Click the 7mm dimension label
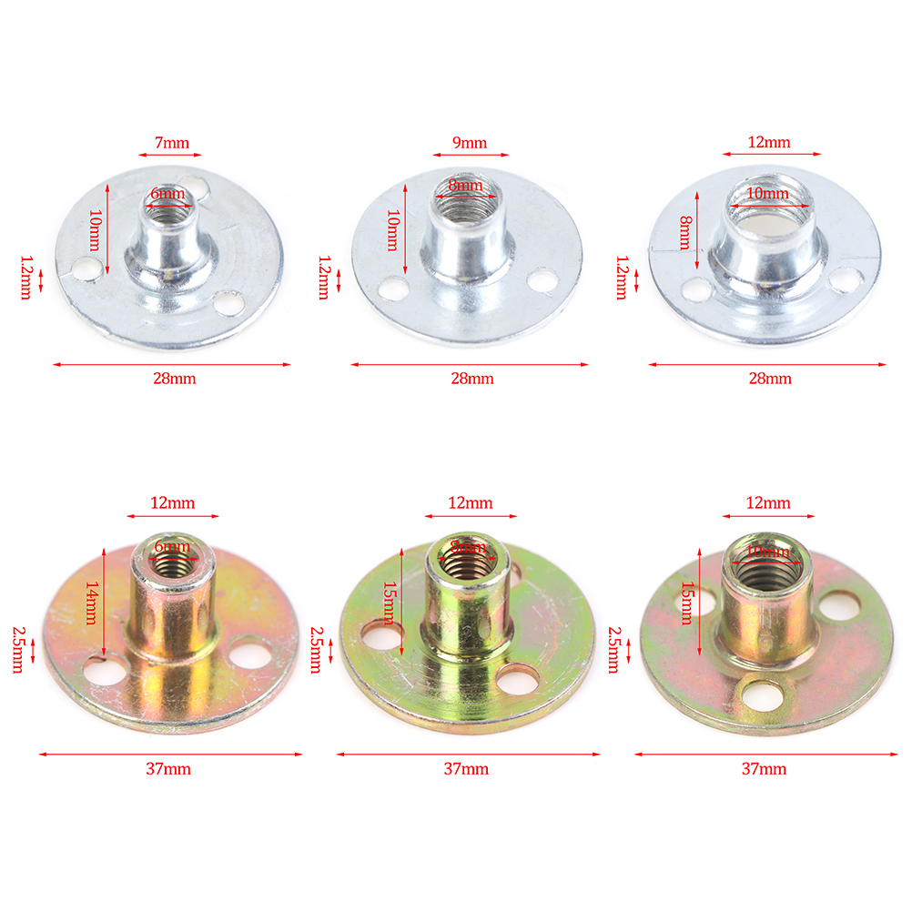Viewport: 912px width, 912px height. pos(172,143)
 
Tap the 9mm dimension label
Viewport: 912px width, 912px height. pos(470,143)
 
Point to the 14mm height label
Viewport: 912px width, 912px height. pos(92,603)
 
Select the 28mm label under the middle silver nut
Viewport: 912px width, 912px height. pos(472,379)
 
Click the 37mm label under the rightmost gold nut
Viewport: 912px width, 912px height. pos(764,769)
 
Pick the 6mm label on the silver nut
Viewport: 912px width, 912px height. pos(167,193)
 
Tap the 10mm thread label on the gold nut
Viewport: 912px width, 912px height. pos(768,551)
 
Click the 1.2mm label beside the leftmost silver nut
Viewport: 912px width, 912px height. pos(26,278)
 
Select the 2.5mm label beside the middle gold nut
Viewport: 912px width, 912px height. pos(316,650)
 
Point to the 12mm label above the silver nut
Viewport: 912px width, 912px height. pos(769,142)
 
